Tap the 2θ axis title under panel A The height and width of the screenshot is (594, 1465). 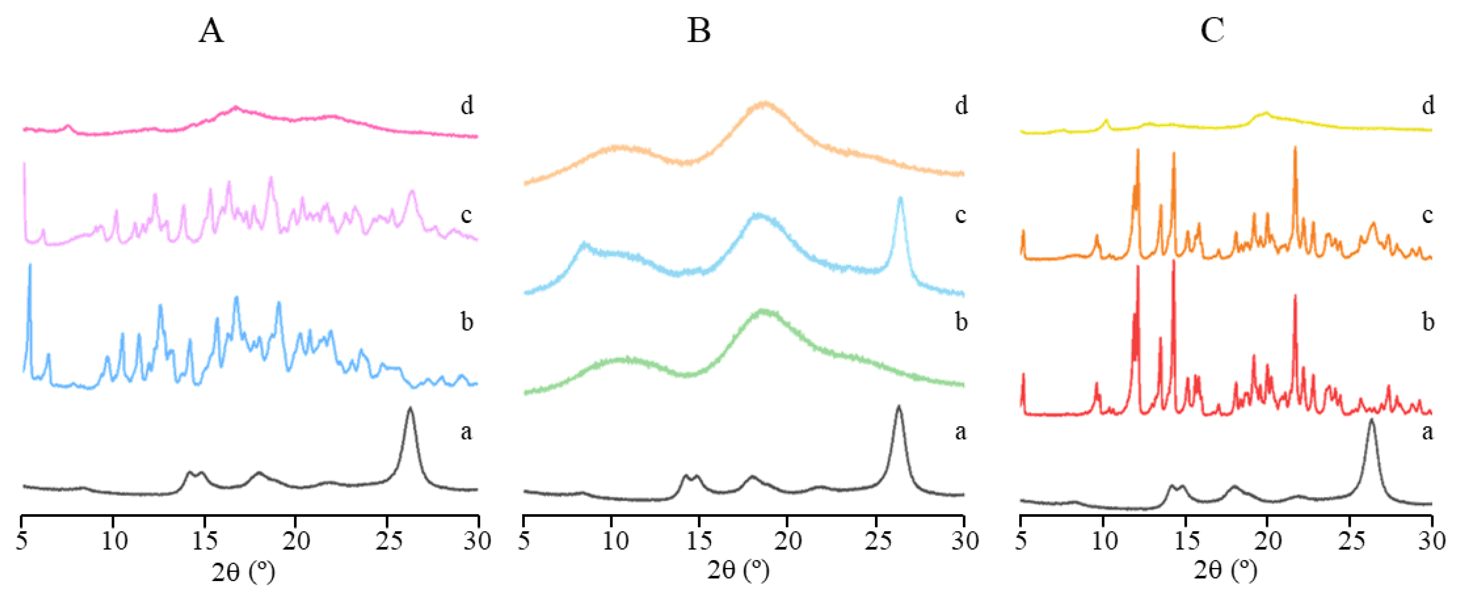(x=243, y=571)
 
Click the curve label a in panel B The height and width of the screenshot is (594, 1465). (x=960, y=432)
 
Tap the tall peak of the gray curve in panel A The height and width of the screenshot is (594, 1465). (x=410, y=409)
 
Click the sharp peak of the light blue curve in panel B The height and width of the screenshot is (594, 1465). (x=900, y=199)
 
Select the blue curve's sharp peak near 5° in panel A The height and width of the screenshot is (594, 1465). (x=30, y=266)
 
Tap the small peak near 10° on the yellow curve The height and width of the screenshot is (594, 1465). (x=1106, y=120)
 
